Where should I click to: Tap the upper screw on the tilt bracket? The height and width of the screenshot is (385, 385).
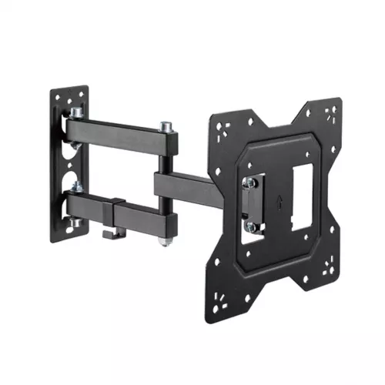[249, 182]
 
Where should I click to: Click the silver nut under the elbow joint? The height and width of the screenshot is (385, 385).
[164, 243]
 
